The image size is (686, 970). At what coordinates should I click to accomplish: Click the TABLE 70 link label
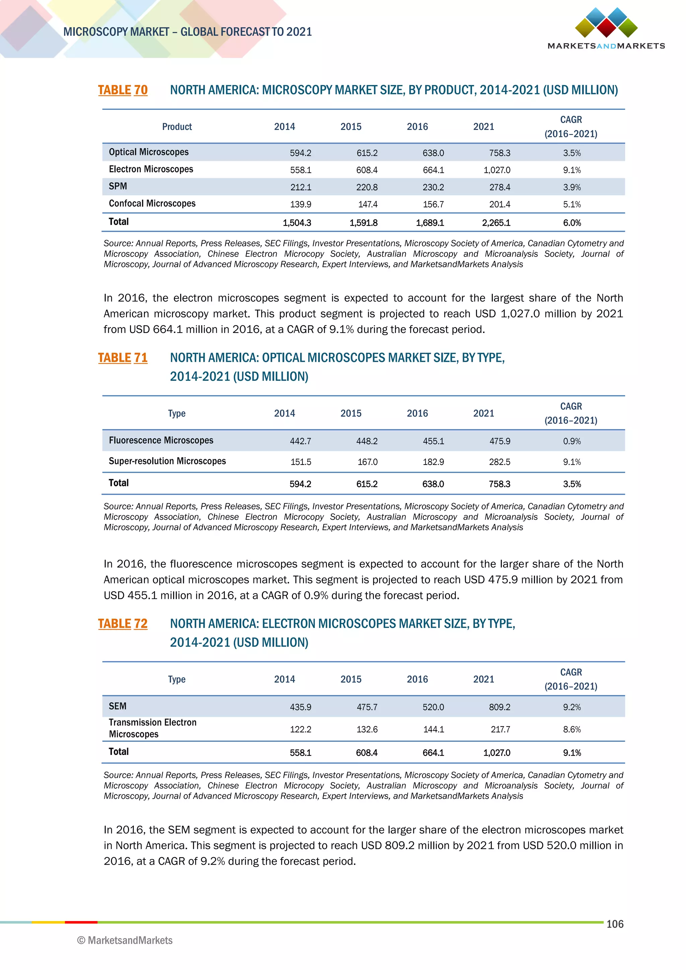coord(123,90)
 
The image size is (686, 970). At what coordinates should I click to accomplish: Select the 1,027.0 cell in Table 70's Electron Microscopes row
coord(497,170)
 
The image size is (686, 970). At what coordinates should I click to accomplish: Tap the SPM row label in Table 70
coord(118,186)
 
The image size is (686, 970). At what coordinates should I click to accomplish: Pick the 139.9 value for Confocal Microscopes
coord(300,204)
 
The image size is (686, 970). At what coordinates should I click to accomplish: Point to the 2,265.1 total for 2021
coord(496,223)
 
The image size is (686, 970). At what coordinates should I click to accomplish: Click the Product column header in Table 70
coord(177,127)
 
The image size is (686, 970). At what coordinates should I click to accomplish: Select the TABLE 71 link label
coord(123,358)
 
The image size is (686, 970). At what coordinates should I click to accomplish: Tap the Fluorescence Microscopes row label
coord(161,440)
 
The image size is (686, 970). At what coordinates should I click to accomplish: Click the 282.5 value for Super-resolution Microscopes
coord(499,462)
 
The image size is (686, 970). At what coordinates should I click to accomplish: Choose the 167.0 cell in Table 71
coord(367,462)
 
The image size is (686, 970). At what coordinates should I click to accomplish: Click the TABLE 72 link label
coord(123,624)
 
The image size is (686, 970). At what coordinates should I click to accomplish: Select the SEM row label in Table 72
coord(118,706)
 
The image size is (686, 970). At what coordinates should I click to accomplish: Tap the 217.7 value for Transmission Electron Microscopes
coord(500,730)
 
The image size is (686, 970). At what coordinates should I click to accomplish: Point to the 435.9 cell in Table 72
coord(300,707)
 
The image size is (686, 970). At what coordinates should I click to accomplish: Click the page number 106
coord(615,924)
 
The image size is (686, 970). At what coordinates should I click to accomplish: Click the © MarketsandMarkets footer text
coord(125,941)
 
